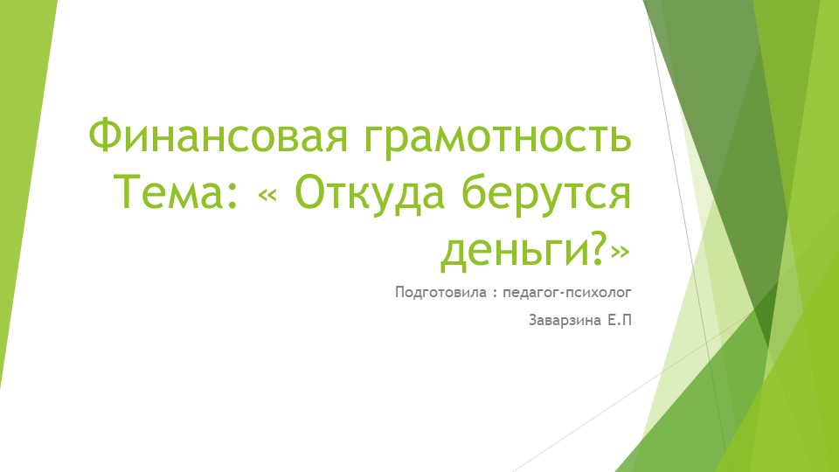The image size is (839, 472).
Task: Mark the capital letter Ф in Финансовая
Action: [104, 137]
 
